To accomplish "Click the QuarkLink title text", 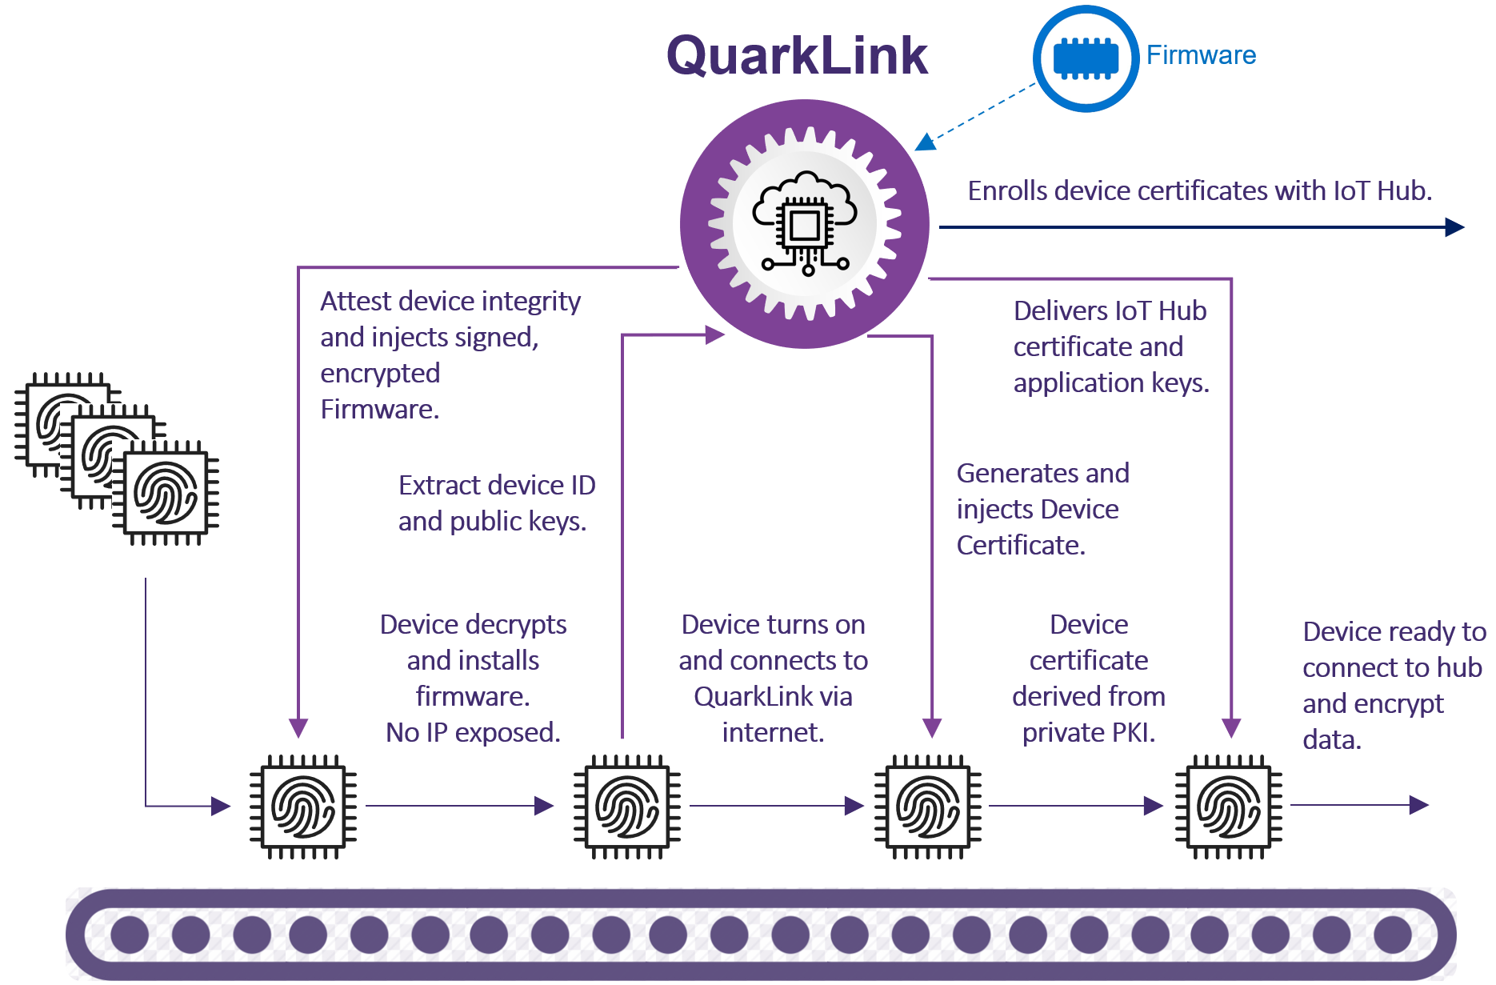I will [797, 56].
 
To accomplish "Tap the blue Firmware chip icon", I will [1085, 58].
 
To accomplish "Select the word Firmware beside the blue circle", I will [1201, 55].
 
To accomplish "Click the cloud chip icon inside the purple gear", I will [804, 223].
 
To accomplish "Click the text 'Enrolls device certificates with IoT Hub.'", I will [1199, 191].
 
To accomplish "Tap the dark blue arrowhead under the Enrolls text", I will [1454, 228].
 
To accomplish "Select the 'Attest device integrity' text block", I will [450, 354].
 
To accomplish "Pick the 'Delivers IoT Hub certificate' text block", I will [1110, 346].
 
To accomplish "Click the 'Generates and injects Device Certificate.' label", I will [1042, 509].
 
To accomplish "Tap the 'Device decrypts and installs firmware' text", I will [473, 678].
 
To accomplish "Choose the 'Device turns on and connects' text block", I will [773, 678].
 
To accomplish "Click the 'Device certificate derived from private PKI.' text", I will [1088, 678].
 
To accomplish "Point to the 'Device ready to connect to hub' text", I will [1393, 685].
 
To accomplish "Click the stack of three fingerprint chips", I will [117, 458].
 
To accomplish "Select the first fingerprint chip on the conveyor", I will [303, 807].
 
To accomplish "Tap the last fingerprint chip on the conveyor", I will [1228, 807].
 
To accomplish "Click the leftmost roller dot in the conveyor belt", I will [130, 935].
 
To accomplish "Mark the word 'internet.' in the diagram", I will [773, 732].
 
